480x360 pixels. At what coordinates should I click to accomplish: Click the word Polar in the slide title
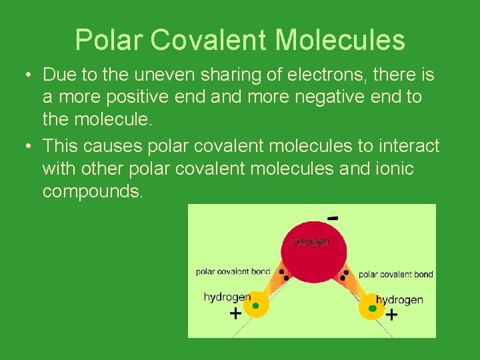(x=109, y=40)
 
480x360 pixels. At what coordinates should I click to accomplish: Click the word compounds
(x=92, y=192)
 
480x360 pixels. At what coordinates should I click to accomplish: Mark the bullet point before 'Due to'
(x=23, y=73)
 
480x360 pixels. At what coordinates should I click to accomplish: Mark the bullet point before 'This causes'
(x=23, y=146)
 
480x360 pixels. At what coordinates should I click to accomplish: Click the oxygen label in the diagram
(x=311, y=241)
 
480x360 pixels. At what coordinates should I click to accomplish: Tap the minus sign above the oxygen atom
(x=333, y=218)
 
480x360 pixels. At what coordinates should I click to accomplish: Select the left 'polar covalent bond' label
(x=233, y=271)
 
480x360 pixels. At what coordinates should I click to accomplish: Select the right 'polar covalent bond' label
(x=396, y=274)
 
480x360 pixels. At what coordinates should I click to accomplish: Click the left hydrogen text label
(x=227, y=297)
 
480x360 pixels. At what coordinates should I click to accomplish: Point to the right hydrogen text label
(x=399, y=299)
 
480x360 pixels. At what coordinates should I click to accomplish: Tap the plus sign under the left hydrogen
(x=235, y=313)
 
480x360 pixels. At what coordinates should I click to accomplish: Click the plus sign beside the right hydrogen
(x=391, y=314)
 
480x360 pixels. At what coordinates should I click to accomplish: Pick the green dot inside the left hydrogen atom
(x=255, y=306)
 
